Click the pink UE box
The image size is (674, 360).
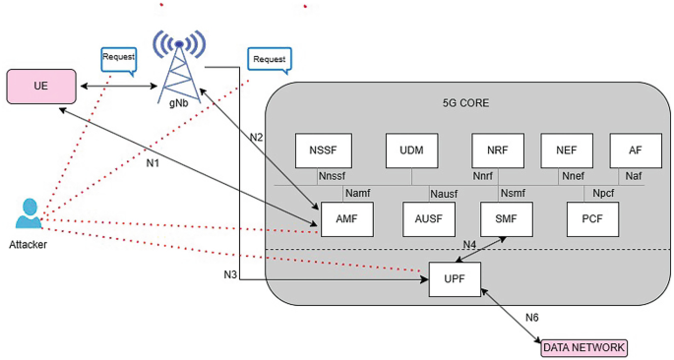pos(42,86)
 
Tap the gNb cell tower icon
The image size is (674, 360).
pos(179,61)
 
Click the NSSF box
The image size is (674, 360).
pos(324,150)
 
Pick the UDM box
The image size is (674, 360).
pos(412,150)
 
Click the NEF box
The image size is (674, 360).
pos(567,150)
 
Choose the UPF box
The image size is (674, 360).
pos(455,279)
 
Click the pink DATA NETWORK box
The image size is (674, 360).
pos(583,347)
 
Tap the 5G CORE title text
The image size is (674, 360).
pos(466,102)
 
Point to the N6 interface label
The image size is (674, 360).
pos(531,317)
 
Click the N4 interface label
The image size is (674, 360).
pos(470,243)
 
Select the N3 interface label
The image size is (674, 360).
pos(230,273)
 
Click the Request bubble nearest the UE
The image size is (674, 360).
pos(118,58)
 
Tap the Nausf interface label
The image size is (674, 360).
pos(445,193)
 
